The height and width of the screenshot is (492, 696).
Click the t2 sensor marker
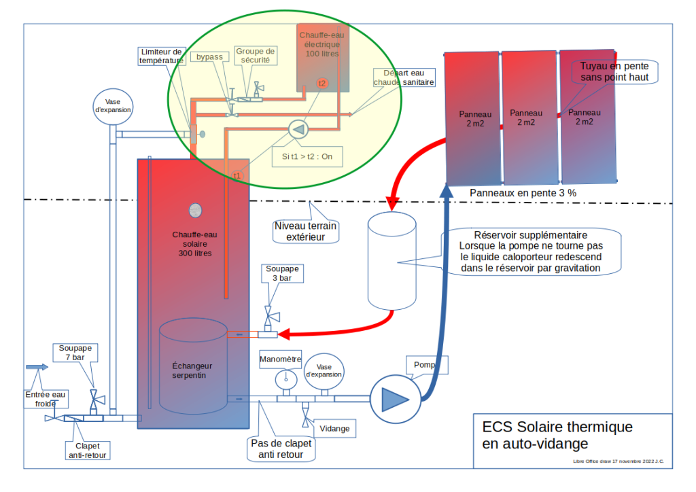click(322, 83)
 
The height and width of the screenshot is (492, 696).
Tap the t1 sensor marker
click(237, 175)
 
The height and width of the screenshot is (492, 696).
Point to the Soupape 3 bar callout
click(282, 273)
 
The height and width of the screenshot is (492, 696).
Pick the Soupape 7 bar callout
click(75, 353)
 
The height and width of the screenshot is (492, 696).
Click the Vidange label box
click(335, 429)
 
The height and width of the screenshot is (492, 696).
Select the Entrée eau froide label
click(46, 398)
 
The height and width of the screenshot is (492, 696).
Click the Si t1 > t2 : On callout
click(307, 156)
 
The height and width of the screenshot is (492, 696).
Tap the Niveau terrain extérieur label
click(306, 231)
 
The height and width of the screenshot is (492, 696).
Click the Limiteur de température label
click(161, 56)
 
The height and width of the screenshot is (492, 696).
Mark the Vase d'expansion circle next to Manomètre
click(324, 370)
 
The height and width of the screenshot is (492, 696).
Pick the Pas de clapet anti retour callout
click(281, 449)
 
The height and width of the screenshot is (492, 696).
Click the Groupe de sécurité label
click(256, 55)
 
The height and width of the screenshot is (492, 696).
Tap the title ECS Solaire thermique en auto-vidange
click(557, 436)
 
